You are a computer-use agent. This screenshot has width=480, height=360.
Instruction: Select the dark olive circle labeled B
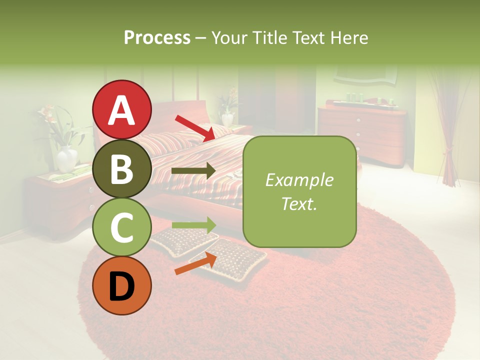[122, 168]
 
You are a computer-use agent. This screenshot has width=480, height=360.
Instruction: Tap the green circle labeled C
[122, 227]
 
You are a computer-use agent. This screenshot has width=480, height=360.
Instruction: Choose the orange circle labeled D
[122, 286]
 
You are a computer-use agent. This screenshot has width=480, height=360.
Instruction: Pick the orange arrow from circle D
[195, 263]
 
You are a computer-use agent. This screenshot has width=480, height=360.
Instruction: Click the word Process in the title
[157, 37]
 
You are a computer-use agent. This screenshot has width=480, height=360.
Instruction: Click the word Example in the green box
[299, 180]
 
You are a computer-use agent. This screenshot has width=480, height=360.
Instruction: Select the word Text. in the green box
[299, 203]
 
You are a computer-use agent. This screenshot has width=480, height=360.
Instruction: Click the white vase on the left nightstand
[66, 159]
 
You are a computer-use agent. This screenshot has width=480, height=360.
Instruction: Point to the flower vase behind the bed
[227, 117]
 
